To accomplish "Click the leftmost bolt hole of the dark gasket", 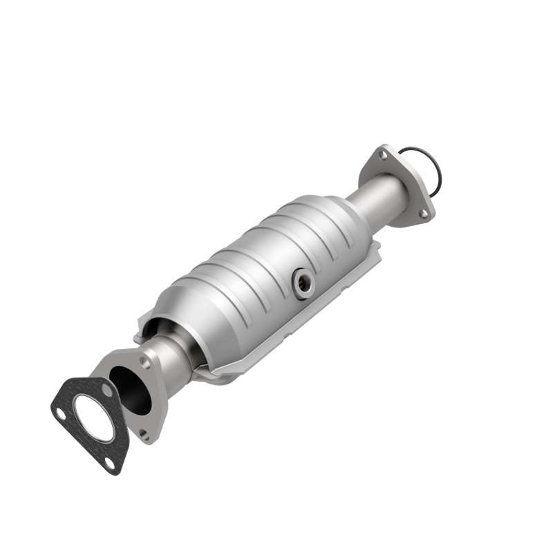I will [61, 414].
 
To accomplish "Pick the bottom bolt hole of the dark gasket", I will [111, 463].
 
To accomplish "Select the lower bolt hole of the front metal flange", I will [144, 435].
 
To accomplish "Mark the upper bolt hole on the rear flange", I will [383, 156].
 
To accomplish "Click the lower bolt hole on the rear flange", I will [423, 215].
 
